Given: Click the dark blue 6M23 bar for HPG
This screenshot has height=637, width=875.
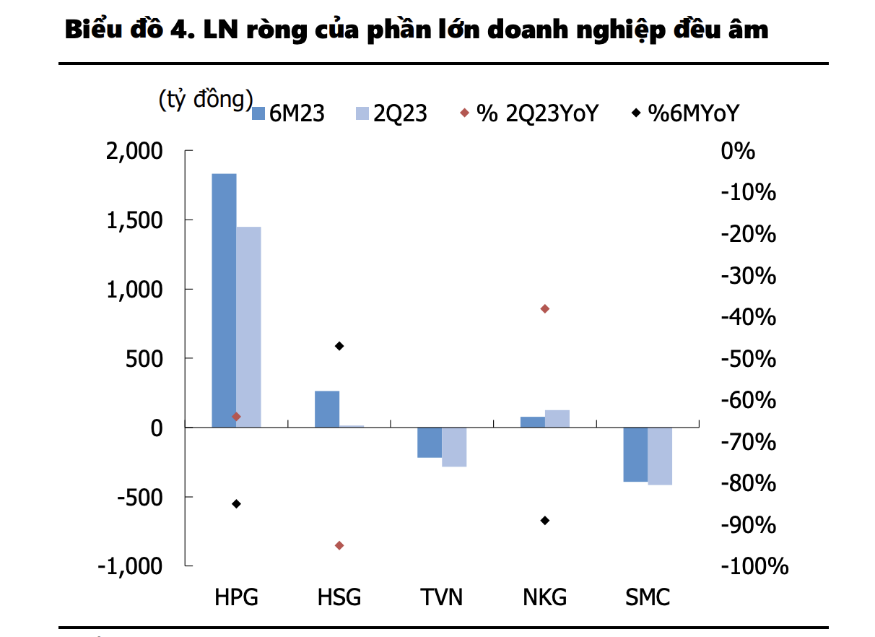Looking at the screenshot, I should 224,300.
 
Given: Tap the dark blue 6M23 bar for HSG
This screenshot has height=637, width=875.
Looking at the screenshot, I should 327,409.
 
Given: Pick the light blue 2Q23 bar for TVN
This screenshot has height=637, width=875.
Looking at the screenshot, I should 454,446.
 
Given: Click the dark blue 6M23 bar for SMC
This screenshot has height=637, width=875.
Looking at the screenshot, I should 635,454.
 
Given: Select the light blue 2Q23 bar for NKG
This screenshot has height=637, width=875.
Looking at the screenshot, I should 557,418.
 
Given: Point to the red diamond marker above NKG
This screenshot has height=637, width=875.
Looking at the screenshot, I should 545,309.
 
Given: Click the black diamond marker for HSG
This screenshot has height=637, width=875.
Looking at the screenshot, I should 339,346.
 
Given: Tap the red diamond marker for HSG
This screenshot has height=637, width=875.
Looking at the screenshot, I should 339,545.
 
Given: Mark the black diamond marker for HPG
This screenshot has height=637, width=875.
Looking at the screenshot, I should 236,503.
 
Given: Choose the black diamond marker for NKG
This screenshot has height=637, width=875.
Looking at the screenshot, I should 545,520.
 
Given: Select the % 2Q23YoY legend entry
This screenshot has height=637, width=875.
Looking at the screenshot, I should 528,113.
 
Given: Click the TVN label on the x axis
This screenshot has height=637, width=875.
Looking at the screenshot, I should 442,598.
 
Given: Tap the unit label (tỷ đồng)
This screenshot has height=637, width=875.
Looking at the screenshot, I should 206,100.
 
